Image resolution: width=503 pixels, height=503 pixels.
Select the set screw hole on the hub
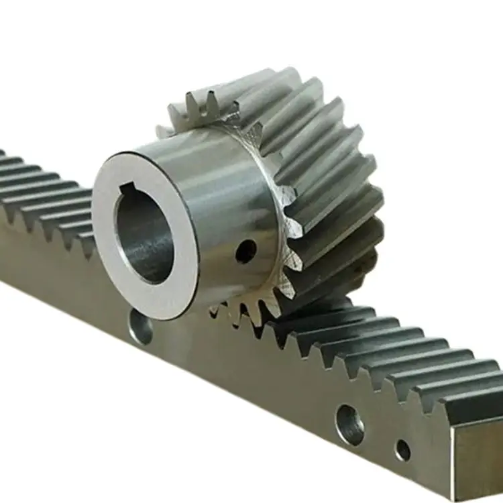click(245, 251)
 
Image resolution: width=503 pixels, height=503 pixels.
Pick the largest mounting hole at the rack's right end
click(350, 425)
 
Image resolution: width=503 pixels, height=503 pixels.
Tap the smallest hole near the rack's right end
click(403, 450)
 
